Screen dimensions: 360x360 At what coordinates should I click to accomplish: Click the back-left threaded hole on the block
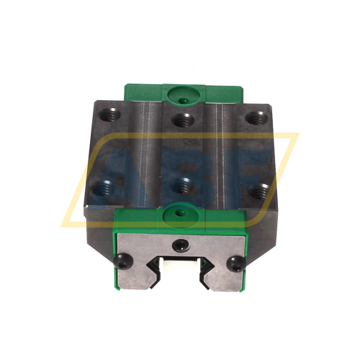point(113,112)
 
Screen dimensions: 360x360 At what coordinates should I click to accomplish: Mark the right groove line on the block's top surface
point(214,151)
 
